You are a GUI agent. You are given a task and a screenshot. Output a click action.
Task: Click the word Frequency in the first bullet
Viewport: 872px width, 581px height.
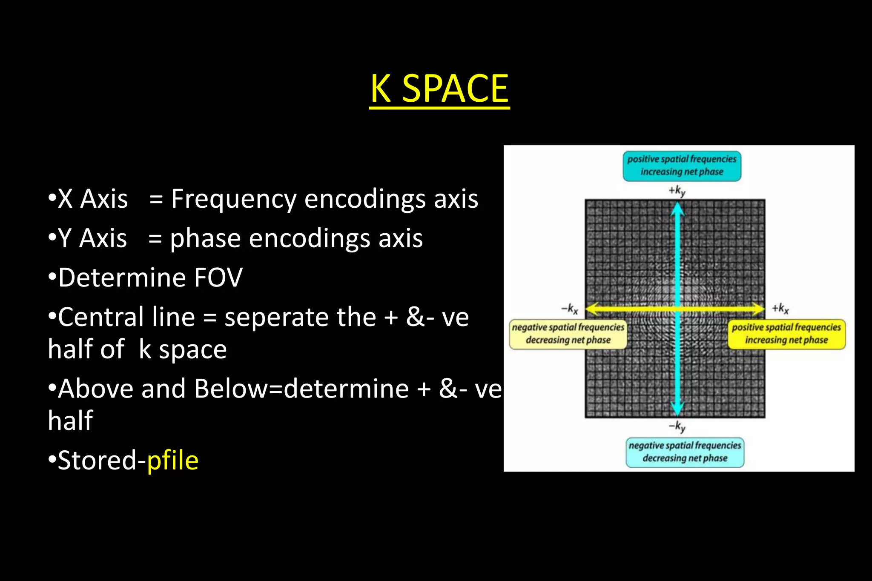click(233, 199)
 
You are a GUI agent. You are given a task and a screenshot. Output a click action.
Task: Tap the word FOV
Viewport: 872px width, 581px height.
click(218, 278)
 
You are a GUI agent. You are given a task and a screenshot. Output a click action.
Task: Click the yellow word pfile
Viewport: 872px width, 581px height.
click(172, 461)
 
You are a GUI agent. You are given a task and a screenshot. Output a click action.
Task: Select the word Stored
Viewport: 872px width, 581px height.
click(97, 461)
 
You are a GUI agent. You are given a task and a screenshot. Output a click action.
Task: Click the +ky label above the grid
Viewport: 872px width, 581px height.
click(677, 191)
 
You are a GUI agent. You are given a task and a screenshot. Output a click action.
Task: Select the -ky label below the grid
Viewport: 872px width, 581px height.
click(677, 426)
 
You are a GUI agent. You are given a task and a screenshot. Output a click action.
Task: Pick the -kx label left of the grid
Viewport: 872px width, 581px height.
click(570, 308)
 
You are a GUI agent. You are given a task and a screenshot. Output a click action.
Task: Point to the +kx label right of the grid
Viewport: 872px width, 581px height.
click(780, 308)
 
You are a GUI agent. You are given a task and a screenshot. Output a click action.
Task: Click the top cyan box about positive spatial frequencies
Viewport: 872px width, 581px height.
click(682, 166)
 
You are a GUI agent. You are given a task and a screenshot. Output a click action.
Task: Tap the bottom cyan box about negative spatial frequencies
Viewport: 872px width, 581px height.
click(685, 452)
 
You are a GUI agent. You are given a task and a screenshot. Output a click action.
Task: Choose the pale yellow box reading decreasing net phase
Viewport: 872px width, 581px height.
click(568, 334)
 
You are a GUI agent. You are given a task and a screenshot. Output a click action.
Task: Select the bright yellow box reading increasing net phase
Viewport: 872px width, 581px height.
click(786, 334)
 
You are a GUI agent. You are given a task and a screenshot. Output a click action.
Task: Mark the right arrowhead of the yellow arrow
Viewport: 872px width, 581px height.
click(758, 309)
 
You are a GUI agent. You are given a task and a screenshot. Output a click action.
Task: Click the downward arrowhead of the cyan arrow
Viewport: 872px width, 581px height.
click(677, 409)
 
